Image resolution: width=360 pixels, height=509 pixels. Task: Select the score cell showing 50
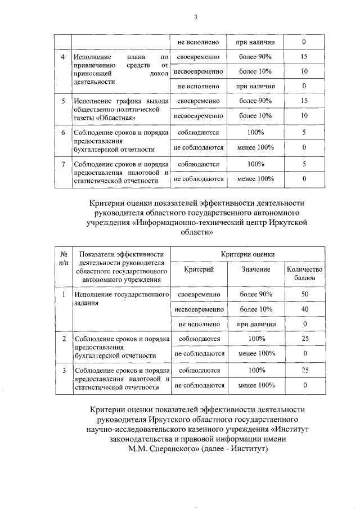[304, 295]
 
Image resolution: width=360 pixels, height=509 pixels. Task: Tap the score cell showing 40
[304, 309]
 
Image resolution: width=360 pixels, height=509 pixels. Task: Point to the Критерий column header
[199, 270]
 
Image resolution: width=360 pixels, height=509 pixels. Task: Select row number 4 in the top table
[64, 57]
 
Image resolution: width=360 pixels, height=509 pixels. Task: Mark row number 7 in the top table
[64, 164]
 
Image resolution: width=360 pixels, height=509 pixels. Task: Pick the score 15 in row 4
[304, 57]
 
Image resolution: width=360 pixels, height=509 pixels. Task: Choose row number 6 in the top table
[64, 133]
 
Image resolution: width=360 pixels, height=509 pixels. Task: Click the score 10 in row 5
[304, 115]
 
